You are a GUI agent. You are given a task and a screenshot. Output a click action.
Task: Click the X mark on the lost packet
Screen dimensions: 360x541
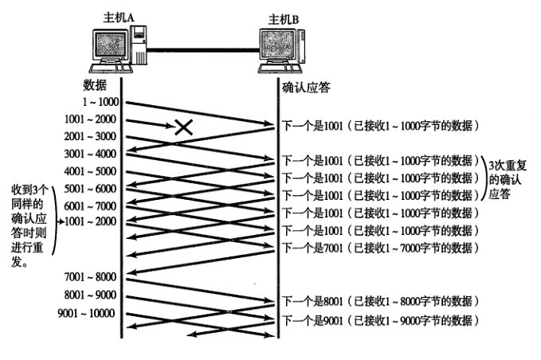pyautogui.click(x=184, y=126)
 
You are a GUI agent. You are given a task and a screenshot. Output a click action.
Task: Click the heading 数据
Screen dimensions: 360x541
pyautogui.click(x=93, y=85)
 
